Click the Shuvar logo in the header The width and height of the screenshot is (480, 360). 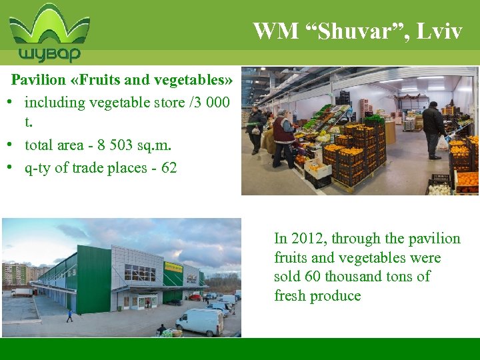point(49,33)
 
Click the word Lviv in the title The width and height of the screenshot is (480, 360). point(443,31)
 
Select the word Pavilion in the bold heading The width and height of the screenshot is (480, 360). point(39,81)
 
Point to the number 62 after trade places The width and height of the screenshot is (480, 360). point(169,167)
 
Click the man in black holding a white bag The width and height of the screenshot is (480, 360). point(433,129)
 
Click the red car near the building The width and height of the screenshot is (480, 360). point(194,297)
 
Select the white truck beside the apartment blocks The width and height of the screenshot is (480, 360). point(22,292)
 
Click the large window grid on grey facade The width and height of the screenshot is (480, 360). point(139,273)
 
